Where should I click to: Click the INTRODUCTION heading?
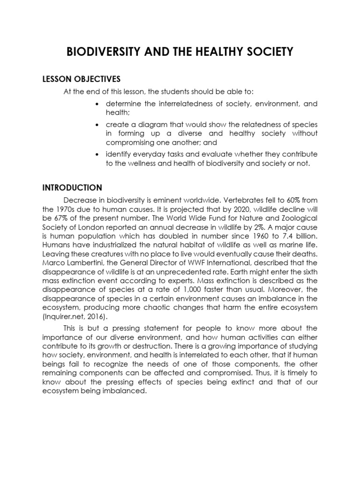[x=72, y=187]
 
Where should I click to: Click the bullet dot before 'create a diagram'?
[x=97, y=125]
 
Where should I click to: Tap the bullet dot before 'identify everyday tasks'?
[x=97, y=154]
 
